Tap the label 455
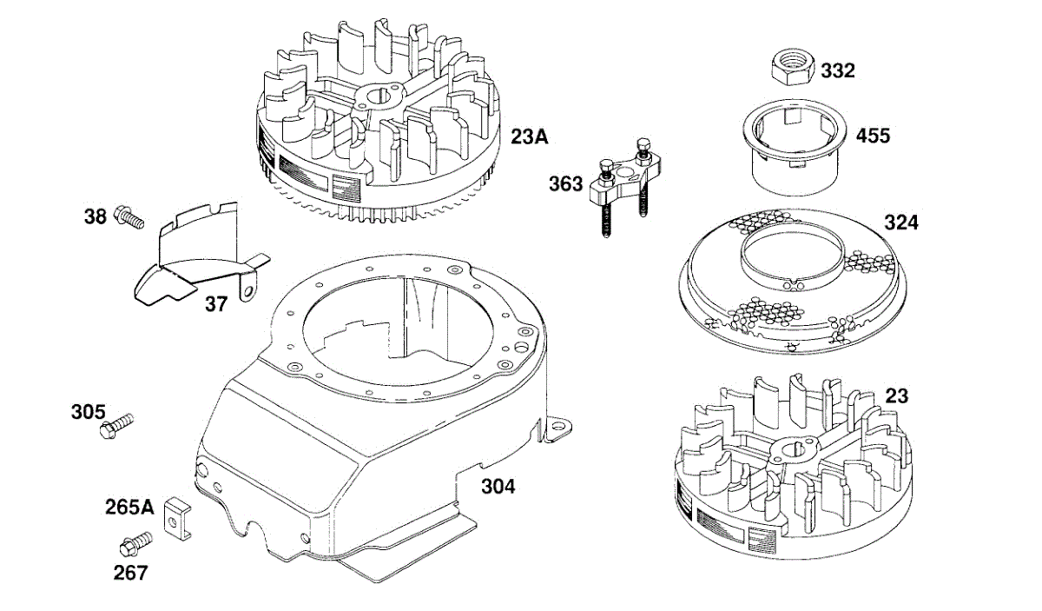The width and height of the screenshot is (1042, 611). tap(873, 136)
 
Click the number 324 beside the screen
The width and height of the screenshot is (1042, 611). tap(900, 222)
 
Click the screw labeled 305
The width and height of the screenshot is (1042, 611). tap(117, 426)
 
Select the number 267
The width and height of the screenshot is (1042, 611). tap(130, 573)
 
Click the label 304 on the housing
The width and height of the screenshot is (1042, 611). tap(498, 487)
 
